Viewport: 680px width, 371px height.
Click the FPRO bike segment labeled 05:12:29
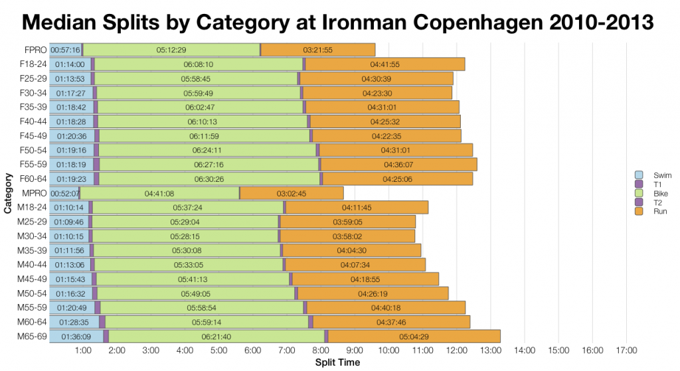(171, 50)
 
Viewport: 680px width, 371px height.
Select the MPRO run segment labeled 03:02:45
(292, 193)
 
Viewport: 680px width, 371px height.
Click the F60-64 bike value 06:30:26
(209, 179)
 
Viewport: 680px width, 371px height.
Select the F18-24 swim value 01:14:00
(70, 64)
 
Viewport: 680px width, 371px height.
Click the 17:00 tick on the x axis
(626, 350)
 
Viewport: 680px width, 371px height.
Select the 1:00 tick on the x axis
(83, 350)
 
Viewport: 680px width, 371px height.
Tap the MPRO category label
(34, 193)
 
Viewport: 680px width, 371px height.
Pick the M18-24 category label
(33, 208)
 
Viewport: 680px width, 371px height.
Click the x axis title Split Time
(338, 362)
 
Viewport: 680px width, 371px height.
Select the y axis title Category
(7, 193)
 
